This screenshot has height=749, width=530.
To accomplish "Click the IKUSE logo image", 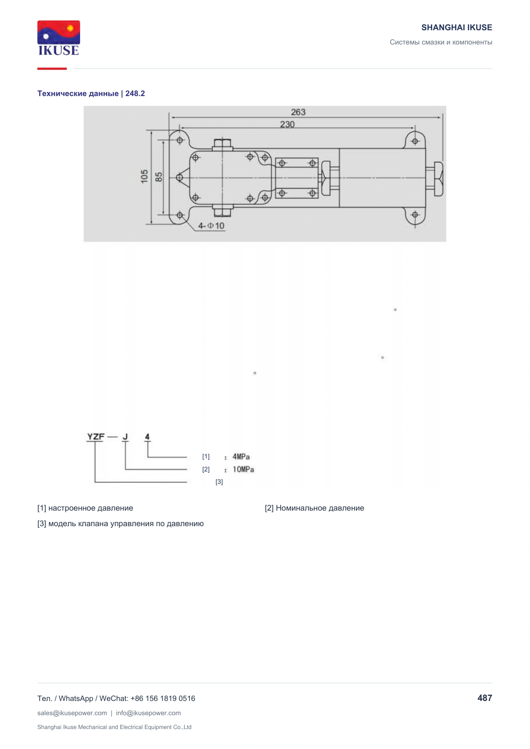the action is (x=59, y=38).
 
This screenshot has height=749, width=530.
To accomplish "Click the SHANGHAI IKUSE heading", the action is (x=457, y=28).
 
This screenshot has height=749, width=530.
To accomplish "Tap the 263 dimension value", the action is (x=298, y=112).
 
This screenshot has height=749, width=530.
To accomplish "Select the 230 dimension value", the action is (x=287, y=125).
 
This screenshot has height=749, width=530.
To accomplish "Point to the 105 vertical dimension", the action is (x=144, y=176).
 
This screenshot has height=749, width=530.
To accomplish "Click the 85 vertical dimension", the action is (x=158, y=177).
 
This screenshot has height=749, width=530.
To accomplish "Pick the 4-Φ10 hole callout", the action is (x=211, y=226).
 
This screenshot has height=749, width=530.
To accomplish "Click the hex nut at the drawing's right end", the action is (x=438, y=179).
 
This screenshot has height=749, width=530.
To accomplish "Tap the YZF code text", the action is (x=96, y=436).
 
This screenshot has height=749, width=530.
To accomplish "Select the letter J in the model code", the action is (x=125, y=437).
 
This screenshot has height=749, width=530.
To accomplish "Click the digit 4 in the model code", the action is (x=147, y=437).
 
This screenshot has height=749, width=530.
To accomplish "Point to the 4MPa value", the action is (x=241, y=456).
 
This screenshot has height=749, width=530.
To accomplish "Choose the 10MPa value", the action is (x=243, y=469).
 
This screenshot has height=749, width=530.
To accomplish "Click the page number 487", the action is (x=485, y=698).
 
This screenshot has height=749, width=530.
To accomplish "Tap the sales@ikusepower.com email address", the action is (x=72, y=713).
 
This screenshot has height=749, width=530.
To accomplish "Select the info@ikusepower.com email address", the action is (x=148, y=713).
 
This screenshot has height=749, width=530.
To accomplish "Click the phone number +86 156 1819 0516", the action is (x=162, y=698).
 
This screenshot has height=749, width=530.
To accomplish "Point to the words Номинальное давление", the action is (x=320, y=508).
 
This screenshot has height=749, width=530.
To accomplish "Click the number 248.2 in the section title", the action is (x=135, y=93).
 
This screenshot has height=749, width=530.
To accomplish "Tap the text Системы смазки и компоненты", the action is (x=441, y=42).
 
